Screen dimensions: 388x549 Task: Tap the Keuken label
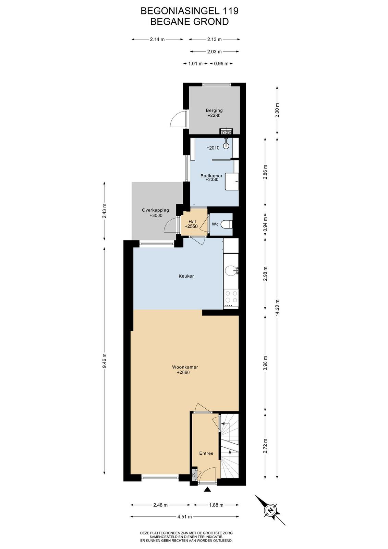tap(186, 276)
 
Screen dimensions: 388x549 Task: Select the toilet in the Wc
tap(227, 224)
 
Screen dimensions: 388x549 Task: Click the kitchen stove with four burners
tap(231, 298)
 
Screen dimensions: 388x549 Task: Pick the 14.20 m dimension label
tap(277, 308)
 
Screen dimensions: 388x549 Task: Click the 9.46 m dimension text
tap(105, 361)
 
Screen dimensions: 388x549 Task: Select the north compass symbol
tap(270, 510)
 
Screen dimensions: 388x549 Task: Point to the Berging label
tap(214, 110)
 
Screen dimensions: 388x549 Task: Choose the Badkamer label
tap(211, 176)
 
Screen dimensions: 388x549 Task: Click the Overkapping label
tap(156, 210)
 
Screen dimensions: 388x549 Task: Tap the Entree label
tap(206, 453)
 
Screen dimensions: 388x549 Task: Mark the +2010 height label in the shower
tap(213, 148)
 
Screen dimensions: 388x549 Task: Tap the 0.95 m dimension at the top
tap(221, 64)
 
